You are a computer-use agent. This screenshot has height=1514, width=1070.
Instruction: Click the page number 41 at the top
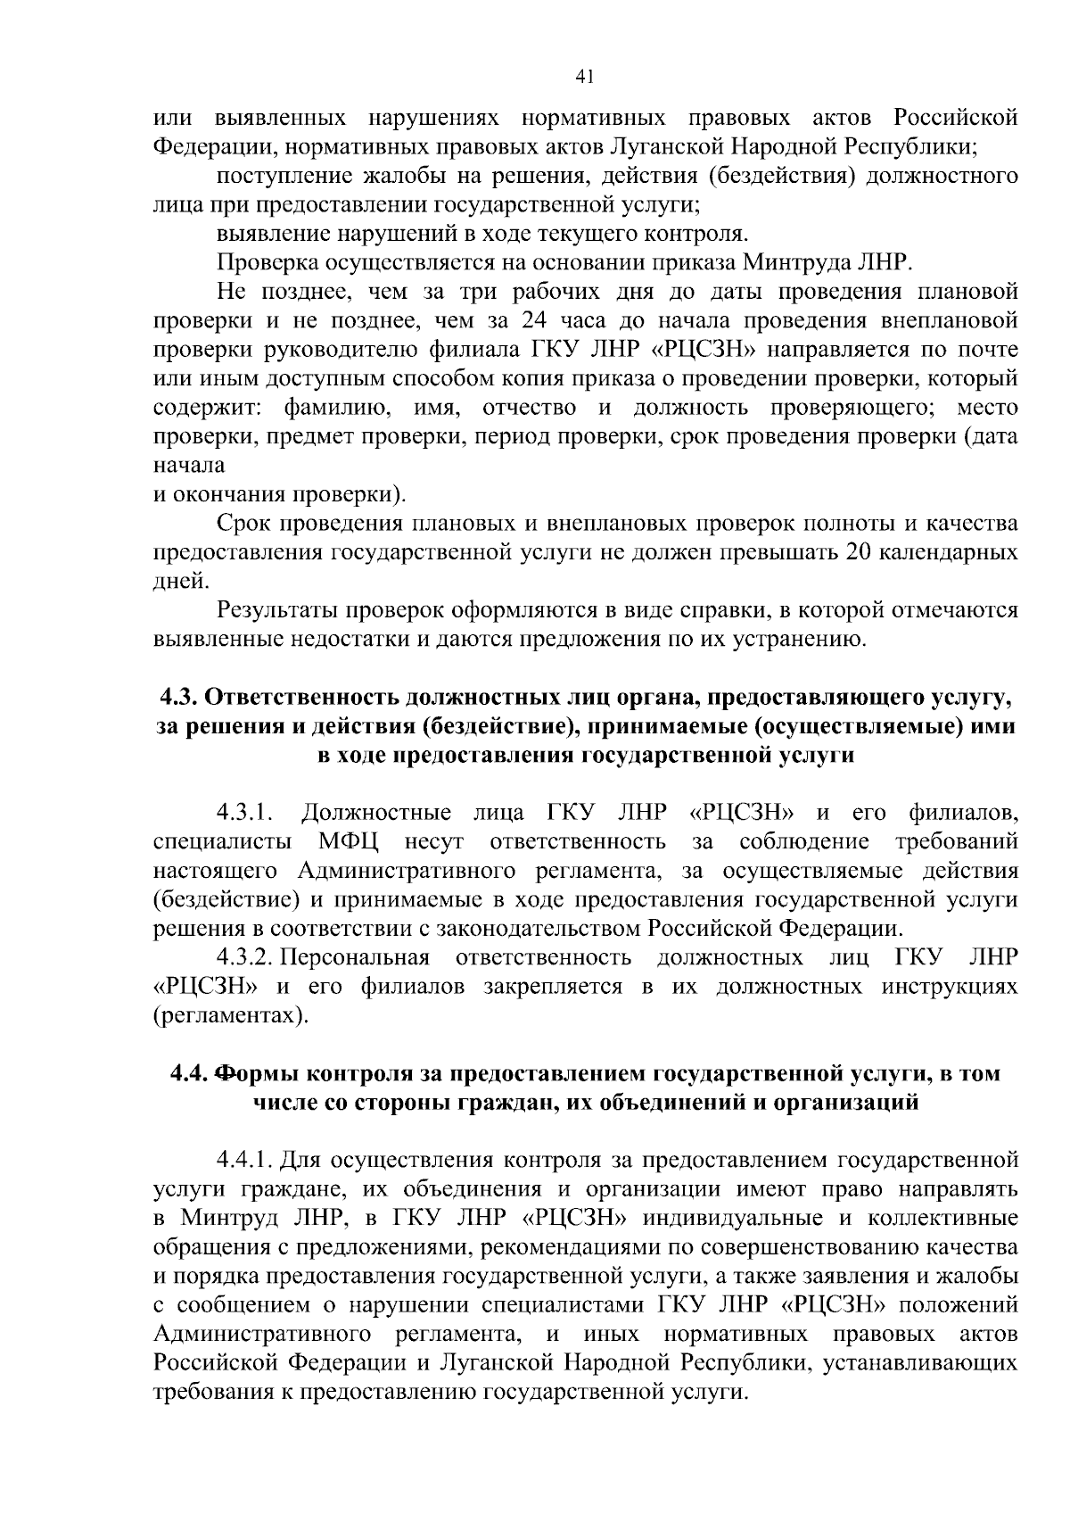(x=585, y=77)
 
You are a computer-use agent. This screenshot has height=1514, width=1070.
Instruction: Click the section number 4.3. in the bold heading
(x=181, y=698)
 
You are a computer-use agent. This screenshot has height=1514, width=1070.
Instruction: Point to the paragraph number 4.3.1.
(x=243, y=813)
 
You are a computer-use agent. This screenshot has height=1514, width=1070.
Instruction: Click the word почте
(x=988, y=350)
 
